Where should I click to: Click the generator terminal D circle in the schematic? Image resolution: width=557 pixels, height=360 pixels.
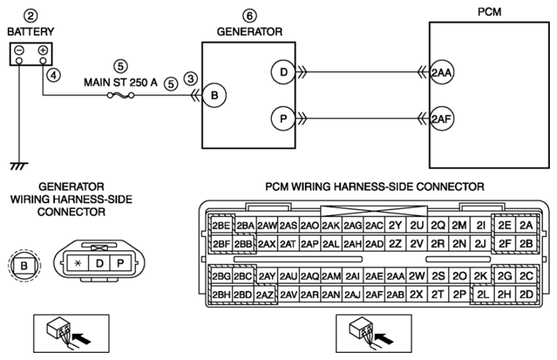(283, 72)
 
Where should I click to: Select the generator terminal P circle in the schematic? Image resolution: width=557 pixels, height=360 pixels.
(283, 118)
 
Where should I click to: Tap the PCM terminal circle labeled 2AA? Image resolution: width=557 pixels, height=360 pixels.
(442, 72)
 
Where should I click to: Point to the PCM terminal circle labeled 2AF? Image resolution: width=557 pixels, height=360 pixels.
(442, 118)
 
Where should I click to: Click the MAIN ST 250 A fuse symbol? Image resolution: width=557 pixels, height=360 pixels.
(121, 95)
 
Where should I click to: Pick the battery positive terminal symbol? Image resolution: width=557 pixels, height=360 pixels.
(43, 50)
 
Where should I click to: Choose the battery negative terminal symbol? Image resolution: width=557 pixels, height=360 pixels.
(19, 50)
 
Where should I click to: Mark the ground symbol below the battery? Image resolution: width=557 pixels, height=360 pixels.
(19, 166)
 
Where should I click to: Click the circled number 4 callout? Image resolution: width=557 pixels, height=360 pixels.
(54, 75)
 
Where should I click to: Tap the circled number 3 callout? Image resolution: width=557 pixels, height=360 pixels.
(191, 79)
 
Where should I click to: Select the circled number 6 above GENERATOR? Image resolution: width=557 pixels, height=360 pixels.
(249, 16)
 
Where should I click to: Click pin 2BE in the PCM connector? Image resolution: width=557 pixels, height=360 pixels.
(221, 226)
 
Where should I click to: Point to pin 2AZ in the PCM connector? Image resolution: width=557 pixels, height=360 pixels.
(265, 295)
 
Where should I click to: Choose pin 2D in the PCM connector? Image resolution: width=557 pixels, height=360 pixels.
(526, 295)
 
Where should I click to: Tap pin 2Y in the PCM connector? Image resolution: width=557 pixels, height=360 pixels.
(395, 226)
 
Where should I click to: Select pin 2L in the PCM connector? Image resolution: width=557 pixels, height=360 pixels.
(483, 295)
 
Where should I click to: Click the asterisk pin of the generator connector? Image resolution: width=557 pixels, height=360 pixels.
(77, 263)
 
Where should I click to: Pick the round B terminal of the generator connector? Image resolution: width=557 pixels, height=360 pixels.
(24, 265)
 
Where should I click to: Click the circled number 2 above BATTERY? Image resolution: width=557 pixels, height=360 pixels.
(31, 16)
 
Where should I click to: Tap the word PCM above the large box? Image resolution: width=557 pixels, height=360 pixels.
(489, 12)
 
